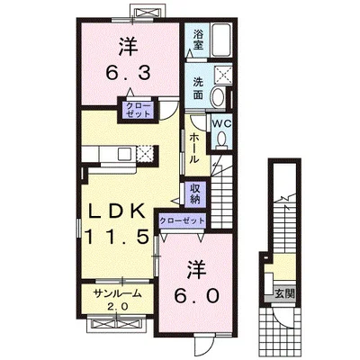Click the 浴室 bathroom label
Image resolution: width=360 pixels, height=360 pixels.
pos(198,40)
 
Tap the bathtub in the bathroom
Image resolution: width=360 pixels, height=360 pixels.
pos(221,40)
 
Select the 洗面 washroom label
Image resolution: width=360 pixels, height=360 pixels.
pos(198,89)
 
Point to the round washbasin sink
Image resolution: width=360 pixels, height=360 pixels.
pos(219,96)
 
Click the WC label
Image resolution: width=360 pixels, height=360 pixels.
pos(221,123)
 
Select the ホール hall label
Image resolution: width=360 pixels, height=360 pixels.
pos(194,148)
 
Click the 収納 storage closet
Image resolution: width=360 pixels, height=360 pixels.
pos(195,194)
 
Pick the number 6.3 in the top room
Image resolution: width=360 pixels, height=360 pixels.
pos(128,73)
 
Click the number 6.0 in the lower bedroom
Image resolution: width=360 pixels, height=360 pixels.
pos(196,297)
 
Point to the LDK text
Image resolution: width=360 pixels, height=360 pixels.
pos(117,211)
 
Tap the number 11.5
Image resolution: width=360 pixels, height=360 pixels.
pos(117,236)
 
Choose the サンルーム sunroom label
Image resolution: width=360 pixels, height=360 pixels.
pos(117,293)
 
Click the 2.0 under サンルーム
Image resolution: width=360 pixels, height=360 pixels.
pos(118,307)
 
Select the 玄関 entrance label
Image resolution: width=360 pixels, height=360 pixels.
pos(284,293)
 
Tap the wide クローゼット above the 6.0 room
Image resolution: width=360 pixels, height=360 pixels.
pos(182,220)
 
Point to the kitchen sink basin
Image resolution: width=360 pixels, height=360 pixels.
pos(123,154)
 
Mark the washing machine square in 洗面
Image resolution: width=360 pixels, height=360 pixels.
pos(222,73)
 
